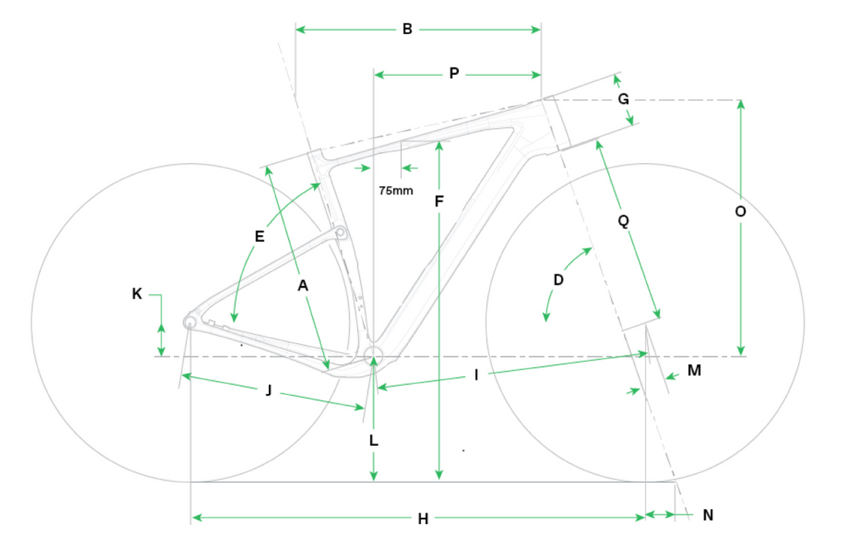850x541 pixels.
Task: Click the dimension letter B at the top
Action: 407,29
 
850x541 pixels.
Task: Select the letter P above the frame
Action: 454,74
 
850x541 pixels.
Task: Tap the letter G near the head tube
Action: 624,99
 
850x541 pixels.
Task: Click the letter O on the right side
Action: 740,211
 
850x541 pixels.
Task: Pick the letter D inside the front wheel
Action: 559,279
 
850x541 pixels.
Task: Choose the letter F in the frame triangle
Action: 439,202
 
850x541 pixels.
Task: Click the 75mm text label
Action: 396,190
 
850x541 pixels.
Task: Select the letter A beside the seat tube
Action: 303,286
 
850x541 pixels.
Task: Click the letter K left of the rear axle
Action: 138,294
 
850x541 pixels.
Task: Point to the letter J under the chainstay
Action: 268,390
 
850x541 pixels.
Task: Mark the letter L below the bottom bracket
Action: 373,441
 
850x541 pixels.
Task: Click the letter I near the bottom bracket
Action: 477,376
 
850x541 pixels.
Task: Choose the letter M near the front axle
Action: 694,371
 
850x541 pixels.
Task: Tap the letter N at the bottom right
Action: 709,515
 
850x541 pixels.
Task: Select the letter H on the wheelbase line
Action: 423,519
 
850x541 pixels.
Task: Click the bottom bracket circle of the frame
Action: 373,355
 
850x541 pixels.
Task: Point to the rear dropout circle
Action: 190,322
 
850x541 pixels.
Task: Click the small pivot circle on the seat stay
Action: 340,233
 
